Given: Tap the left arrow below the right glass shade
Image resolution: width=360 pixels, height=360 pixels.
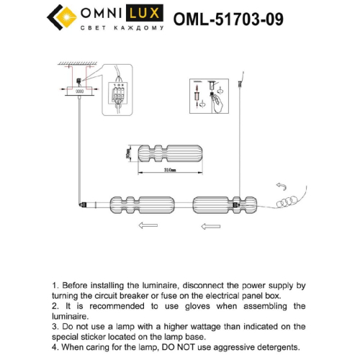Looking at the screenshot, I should pyautogui.click(x=210, y=225).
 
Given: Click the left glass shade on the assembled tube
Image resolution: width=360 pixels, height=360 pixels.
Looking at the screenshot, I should pyautogui.click(x=140, y=205).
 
